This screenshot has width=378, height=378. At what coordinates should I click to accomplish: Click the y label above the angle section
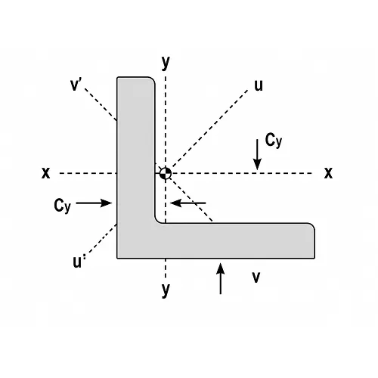[166, 63]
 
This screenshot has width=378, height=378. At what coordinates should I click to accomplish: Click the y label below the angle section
[166, 290]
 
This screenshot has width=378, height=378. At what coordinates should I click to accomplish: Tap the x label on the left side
[46, 173]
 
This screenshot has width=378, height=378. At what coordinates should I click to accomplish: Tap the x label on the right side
[328, 173]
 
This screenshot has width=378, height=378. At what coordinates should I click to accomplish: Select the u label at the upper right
[259, 85]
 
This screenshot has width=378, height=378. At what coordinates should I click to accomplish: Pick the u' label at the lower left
[79, 262]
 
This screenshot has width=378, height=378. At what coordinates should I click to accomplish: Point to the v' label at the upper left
[76, 85]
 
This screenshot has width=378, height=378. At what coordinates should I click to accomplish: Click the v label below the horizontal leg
[256, 277]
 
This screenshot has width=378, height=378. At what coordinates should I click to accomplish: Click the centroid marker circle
[166, 173]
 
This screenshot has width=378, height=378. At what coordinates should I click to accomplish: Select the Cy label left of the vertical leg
[62, 206]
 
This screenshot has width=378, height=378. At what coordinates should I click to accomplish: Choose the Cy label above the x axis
[274, 141]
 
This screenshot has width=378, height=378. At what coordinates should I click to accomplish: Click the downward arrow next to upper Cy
[257, 154]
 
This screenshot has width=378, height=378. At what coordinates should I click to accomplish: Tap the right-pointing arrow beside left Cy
[94, 203]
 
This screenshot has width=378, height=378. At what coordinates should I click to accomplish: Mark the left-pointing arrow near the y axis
[188, 203]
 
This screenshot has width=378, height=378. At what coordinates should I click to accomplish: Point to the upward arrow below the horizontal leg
[221, 278]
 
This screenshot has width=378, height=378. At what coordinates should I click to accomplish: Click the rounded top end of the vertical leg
[136, 77]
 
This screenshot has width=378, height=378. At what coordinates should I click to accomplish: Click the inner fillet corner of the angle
[157, 221]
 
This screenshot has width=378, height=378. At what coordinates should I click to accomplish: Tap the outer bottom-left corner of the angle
[117, 258]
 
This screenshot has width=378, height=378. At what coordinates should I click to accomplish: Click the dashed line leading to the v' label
[101, 104]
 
